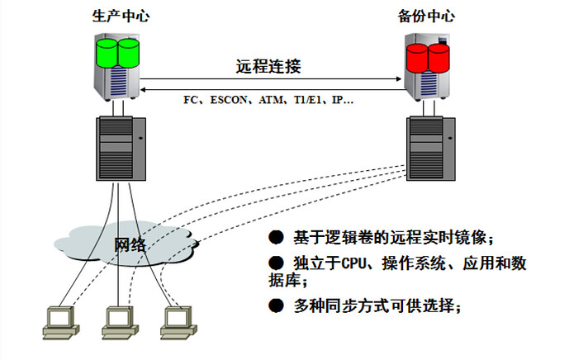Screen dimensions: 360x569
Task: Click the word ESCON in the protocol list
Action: (x=226, y=100)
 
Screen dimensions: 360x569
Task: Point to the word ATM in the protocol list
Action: (x=269, y=100)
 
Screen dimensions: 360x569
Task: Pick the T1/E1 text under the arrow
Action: (x=306, y=100)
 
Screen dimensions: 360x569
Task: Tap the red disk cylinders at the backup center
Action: (x=428, y=58)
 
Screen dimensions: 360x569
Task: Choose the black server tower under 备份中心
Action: (x=429, y=148)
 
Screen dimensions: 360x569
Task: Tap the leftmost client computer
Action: (x=60, y=321)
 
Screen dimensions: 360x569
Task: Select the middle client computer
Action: (x=120, y=321)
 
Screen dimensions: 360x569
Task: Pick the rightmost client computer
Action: (x=177, y=321)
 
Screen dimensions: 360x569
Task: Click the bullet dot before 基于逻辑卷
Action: (x=276, y=239)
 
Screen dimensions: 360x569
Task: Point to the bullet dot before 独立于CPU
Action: (x=276, y=263)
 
